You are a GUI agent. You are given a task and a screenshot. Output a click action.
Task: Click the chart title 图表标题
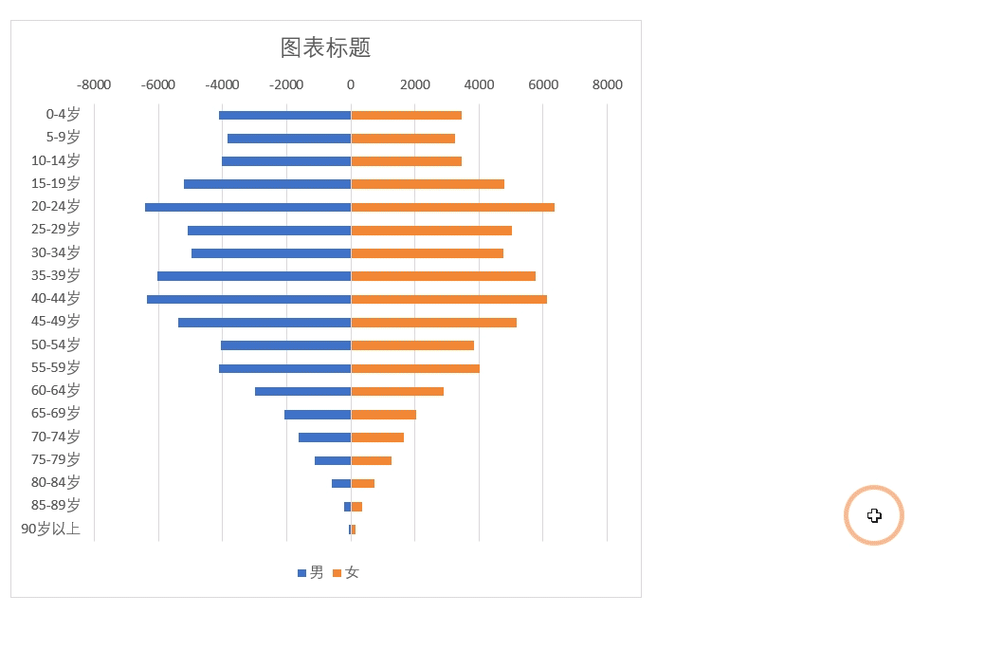(325, 47)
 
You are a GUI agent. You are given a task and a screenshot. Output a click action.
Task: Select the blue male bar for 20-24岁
(247, 207)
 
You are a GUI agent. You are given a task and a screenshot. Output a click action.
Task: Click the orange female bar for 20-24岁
(452, 207)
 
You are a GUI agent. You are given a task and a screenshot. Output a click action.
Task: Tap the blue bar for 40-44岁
(248, 299)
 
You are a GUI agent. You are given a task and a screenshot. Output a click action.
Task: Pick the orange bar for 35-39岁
(443, 276)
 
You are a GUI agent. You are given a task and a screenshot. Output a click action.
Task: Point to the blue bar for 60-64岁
(302, 391)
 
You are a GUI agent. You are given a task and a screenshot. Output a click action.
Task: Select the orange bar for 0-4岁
(406, 115)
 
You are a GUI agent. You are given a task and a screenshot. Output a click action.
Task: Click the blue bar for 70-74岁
(324, 437)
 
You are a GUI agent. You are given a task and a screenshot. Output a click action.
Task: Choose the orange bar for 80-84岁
(362, 483)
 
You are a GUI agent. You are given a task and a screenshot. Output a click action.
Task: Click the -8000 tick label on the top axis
(94, 84)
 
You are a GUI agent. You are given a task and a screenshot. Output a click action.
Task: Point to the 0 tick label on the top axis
(351, 84)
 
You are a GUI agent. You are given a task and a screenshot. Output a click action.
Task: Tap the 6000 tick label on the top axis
(543, 84)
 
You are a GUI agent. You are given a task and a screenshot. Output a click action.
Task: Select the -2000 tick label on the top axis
(286, 84)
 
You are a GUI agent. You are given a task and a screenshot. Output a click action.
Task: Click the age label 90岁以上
(51, 529)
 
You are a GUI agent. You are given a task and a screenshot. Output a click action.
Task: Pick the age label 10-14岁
(56, 160)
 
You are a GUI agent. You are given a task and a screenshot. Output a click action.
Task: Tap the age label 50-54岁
(56, 344)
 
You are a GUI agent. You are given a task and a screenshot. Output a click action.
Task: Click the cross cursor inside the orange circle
(874, 515)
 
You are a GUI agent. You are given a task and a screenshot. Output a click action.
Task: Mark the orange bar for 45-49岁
(433, 323)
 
